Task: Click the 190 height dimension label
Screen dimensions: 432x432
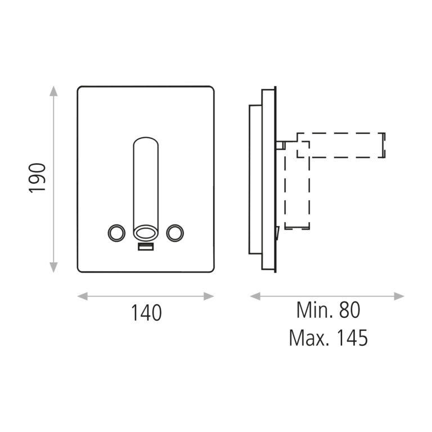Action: pos(37,178)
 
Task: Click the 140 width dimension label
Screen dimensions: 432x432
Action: pos(146,313)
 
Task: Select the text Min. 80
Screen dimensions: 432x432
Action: pos(328,310)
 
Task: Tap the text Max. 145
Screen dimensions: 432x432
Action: pos(328,337)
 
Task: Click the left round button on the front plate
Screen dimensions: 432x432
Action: pos(116,233)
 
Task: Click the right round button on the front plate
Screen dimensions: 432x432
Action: pos(175,233)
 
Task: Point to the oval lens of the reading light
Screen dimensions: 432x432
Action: pos(146,233)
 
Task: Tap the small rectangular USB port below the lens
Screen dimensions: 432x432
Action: pos(146,247)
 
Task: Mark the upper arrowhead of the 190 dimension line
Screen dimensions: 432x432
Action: pos(53,91)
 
